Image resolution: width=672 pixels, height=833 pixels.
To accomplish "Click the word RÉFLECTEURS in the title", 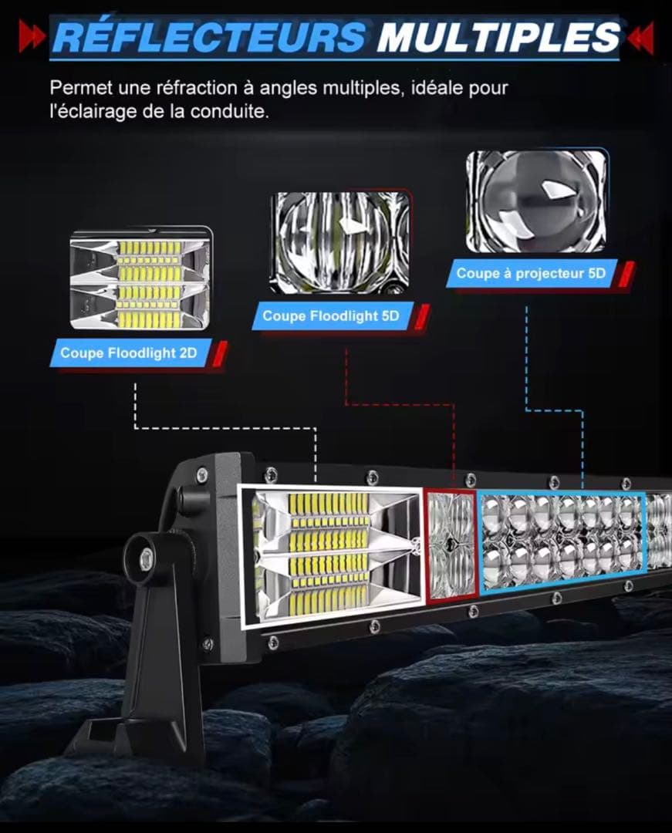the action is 209,36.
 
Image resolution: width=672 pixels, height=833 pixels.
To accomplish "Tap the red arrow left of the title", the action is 32,36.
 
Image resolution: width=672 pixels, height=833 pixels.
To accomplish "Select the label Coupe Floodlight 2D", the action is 129,352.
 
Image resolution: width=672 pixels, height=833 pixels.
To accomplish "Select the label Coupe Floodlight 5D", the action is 331,316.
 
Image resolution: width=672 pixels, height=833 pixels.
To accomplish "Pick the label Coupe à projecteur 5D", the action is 532,274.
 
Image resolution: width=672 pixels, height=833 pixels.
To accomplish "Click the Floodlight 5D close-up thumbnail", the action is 341,242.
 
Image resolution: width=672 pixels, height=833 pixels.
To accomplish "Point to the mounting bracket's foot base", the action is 127,736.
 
